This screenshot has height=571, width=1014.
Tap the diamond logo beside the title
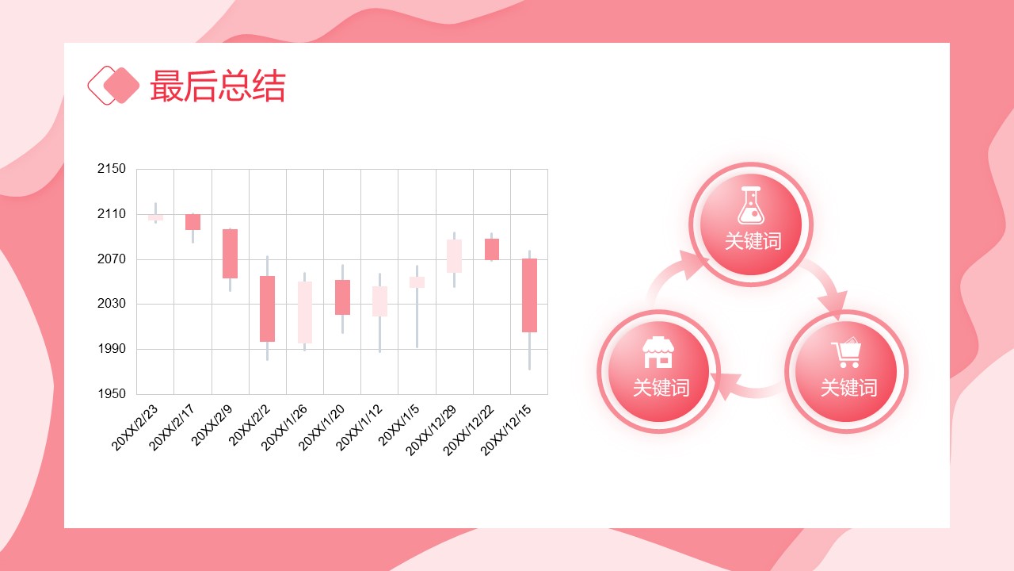(x=113, y=85)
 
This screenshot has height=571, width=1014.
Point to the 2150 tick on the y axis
(x=112, y=169)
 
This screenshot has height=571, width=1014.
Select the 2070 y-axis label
(x=112, y=259)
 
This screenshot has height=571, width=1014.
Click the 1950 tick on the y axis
(x=112, y=393)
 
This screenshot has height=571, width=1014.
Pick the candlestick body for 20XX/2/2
(x=268, y=308)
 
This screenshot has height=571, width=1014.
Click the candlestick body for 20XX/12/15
(x=530, y=296)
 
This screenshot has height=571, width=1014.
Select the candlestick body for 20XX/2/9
(x=230, y=254)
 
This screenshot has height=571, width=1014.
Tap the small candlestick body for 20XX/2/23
(x=156, y=217)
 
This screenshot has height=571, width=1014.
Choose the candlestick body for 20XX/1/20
(x=343, y=297)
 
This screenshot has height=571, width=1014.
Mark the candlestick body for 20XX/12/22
(x=492, y=249)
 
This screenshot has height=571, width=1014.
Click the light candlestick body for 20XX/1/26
(x=305, y=312)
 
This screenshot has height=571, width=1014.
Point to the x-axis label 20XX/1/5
(x=398, y=425)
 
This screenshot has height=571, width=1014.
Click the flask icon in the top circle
(x=751, y=205)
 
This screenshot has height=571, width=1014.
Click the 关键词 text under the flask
(x=753, y=241)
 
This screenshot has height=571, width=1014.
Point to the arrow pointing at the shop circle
(x=747, y=388)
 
